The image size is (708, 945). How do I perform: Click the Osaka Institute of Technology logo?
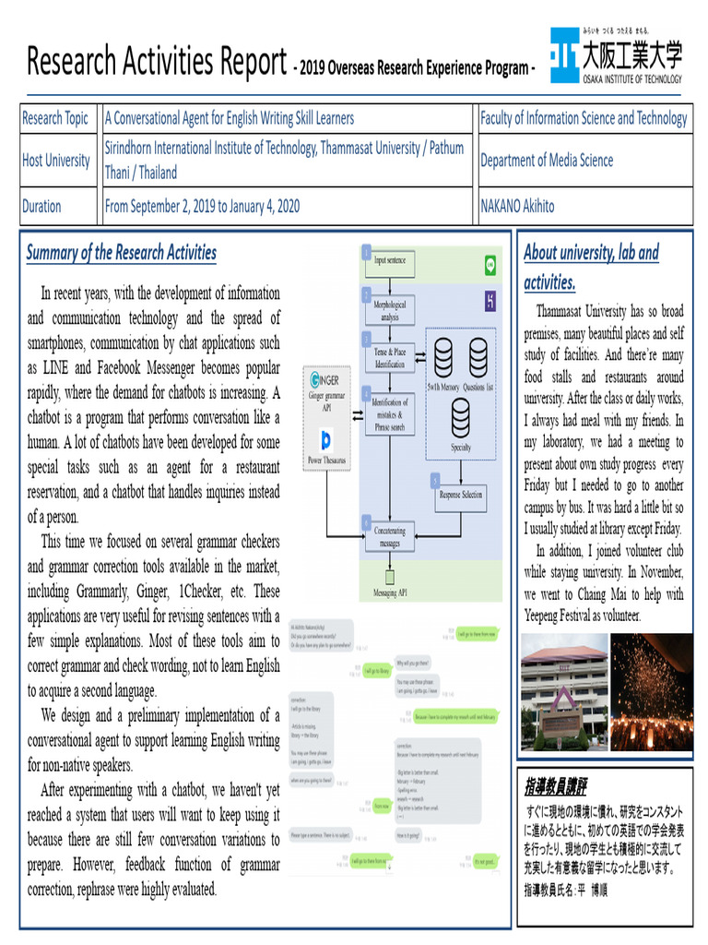[x=616, y=56]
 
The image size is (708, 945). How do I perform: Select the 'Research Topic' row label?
[x=55, y=118]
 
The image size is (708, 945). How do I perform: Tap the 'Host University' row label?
[x=56, y=161]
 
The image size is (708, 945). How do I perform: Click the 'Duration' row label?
[x=42, y=207]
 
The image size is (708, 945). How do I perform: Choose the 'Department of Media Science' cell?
[x=547, y=161]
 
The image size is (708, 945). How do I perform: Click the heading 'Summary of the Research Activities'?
[x=122, y=253]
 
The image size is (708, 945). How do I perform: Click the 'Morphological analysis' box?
[x=389, y=310]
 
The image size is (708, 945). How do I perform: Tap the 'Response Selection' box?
[x=460, y=495]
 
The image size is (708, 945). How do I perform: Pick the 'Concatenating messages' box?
[x=389, y=537]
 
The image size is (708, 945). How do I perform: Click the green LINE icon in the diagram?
[x=490, y=266]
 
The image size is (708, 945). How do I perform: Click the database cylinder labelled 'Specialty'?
[x=460, y=420]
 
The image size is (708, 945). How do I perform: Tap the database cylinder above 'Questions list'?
[x=478, y=353]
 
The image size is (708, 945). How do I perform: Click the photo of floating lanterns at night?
[x=652, y=690]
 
